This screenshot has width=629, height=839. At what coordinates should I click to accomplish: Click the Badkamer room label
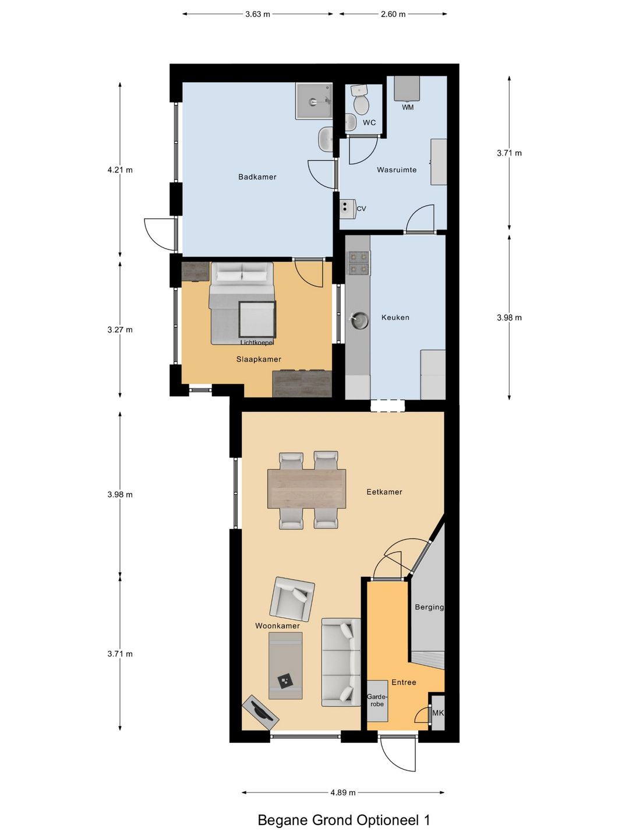pyautogui.click(x=257, y=177)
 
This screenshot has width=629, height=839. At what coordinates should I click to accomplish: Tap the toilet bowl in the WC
pyautogui.click(x=361, y=104)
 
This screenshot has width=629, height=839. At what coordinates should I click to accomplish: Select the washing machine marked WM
pyautogui.click(x=407, y=89)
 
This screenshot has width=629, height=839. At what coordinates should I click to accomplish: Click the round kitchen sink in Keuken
pyautogui.click(x=359, y=320)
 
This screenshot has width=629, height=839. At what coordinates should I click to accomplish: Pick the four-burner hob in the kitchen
pyautogui.click(x=358, y=263)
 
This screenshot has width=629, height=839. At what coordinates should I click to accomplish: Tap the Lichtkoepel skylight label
pyautogui.click(x=257, y=343)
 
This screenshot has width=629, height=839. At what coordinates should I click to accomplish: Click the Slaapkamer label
pyautogui.click(x=259, y=359)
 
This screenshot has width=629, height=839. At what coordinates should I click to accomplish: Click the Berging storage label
pyautogui.click(x=429, y=607)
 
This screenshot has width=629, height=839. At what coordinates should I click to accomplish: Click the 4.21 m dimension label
pyautogui.click(x=120, y=170)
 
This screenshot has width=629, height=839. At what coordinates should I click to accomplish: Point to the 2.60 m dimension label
pyautogui.click(x=393, y=14)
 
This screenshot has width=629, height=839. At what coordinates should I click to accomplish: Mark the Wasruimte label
pyautogui.click(x=397, y=170)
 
